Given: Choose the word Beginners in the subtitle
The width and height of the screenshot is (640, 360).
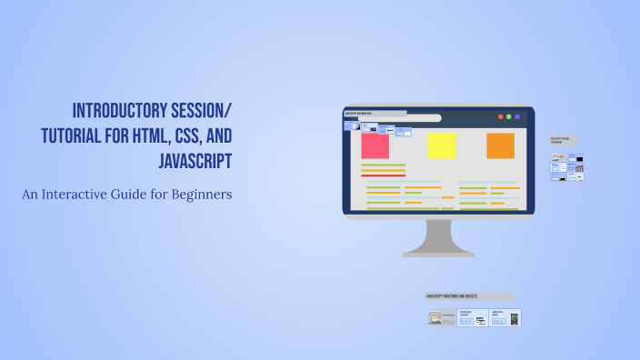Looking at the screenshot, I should pos(203,194).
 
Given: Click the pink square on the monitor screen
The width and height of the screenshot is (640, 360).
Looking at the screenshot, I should pos(375,145).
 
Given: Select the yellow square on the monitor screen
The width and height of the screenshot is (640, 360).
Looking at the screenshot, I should pos(442,145).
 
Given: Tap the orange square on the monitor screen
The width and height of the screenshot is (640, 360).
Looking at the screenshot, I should pos(500,145).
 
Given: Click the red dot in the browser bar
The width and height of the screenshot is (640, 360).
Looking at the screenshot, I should pos(499,117).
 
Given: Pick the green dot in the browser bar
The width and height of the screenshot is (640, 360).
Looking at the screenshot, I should pos(509,117).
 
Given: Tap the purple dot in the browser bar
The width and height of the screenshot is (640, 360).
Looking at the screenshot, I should pos(518,117).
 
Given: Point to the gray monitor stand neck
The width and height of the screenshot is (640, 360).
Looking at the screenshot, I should pos(438,235).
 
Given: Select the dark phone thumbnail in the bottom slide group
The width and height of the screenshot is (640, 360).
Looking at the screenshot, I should pos(514,319).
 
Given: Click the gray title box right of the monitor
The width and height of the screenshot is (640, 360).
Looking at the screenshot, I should pos(563,141).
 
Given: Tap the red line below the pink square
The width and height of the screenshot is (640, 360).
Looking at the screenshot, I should pos(383,175).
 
